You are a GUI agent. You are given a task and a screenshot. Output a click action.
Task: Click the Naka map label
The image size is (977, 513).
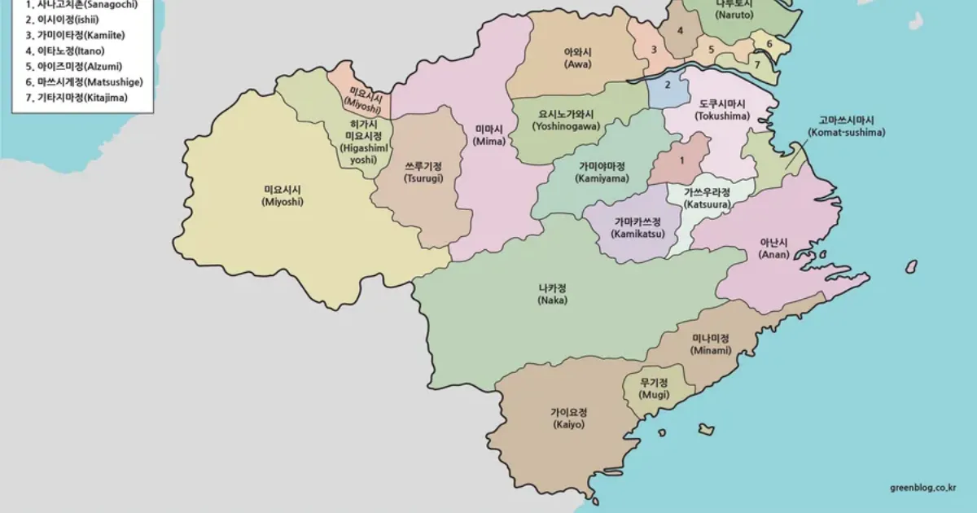553,294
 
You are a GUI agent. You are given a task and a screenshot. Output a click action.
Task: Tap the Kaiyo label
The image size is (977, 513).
568,418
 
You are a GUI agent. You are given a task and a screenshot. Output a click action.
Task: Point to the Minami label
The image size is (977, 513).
711,344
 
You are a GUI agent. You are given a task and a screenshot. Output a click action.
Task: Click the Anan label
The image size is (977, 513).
773,248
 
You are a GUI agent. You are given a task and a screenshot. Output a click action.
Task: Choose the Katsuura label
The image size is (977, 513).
707,198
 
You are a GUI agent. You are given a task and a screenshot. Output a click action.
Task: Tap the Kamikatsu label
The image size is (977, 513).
637,228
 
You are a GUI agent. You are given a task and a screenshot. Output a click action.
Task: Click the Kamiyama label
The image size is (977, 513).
602,171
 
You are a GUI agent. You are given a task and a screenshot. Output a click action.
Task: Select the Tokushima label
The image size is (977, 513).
721,110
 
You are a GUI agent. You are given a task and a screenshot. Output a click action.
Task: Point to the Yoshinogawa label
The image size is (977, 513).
566,121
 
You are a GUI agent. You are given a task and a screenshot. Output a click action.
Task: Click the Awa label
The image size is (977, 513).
578,58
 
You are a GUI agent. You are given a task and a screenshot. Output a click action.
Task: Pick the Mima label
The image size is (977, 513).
489,134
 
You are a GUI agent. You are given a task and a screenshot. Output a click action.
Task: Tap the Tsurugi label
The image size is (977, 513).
423,172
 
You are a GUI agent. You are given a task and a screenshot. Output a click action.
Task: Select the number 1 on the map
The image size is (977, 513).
681,160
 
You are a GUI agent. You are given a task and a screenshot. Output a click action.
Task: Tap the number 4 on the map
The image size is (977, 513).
680,31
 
